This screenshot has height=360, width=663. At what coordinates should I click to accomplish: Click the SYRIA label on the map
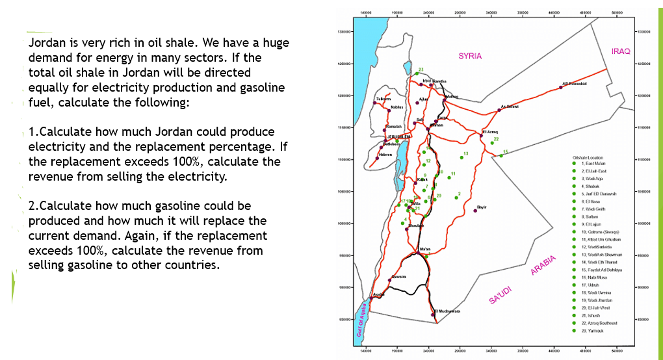(x=470, y=56)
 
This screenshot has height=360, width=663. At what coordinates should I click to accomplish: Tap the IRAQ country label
(x=621, y=51)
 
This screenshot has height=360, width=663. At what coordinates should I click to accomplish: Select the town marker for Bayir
(x=476, y=210)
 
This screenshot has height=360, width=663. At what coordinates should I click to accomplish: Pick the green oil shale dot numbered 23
(x=417, y=74)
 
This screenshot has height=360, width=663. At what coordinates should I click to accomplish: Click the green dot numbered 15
(x=501, y=156)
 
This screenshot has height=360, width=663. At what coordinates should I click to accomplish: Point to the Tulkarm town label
(x=383, y=99)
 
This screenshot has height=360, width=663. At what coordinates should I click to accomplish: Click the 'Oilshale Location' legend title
(x=588, y=158)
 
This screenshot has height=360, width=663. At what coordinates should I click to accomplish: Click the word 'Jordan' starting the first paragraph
(x=47, y=43)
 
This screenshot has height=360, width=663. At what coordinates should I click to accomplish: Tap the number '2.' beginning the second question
(x=34, y=206)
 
